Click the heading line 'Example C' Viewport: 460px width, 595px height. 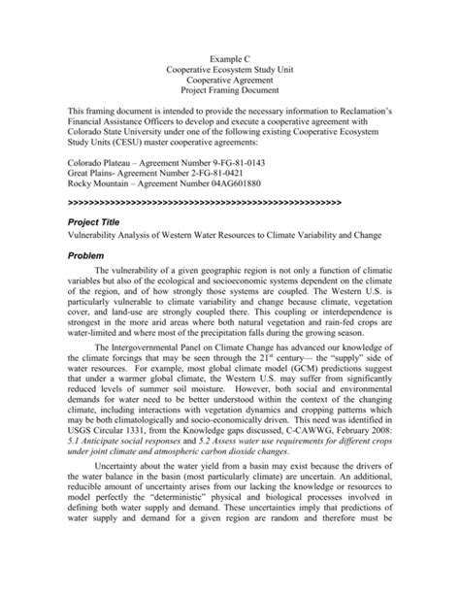230,60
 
